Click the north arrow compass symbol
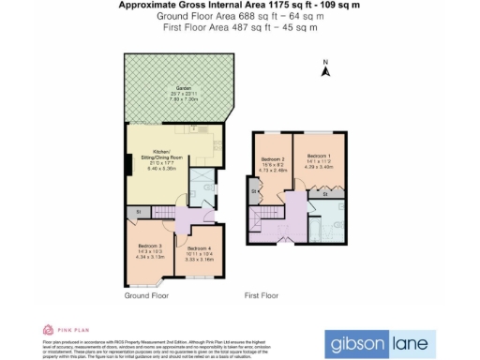[x=325, y=67]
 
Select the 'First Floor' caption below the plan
[x=262, y=295]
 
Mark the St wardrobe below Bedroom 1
[x=324, y=193]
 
